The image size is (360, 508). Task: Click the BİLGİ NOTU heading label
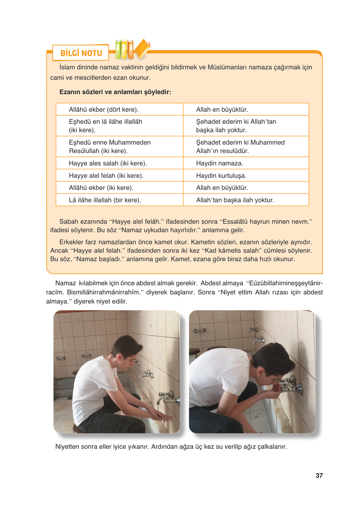tap(81, 53)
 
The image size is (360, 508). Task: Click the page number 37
tap(319, 475)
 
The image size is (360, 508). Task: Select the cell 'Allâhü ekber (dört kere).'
tap(104, 109)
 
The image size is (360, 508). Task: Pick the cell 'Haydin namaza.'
tap(219, 163)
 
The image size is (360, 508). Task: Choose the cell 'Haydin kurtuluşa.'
tap(221, 176)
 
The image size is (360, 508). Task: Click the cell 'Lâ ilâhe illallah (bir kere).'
tap(105, 200)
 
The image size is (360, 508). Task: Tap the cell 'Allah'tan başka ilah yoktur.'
tap(235, 200)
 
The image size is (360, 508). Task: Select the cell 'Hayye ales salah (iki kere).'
tap(108, 163)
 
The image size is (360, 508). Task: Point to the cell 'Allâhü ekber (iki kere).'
tap(101, 188)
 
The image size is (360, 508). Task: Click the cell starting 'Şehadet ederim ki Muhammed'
tap(240, 147)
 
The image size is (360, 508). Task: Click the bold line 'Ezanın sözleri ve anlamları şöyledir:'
tap(115, 92)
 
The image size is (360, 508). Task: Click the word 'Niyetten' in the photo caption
tap(67, 446)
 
